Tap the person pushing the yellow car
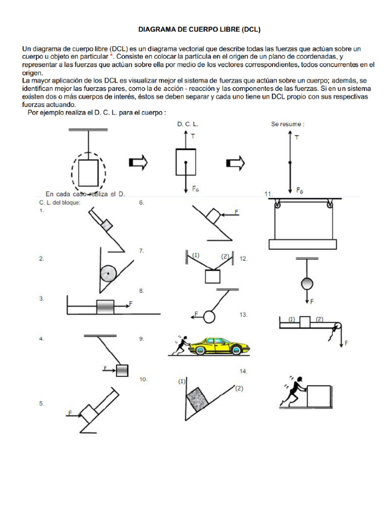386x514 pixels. click(x=180, y=346)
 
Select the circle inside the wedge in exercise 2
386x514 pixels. click(x=108, y=274)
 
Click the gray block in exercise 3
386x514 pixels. click(x=106, y=307)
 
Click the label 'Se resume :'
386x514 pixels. click(x=287, y=124)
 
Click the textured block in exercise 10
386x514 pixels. click(x=197, y=400)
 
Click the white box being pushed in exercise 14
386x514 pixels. click(x=318, y=396)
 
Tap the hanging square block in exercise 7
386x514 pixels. click(x=213, y=277)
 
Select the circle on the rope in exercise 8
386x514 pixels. click(x=209, y=317)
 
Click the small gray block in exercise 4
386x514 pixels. click(x=122, y=370)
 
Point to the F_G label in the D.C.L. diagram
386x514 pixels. click(x=197, y=189)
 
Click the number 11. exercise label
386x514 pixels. click(x=268, y=194)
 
